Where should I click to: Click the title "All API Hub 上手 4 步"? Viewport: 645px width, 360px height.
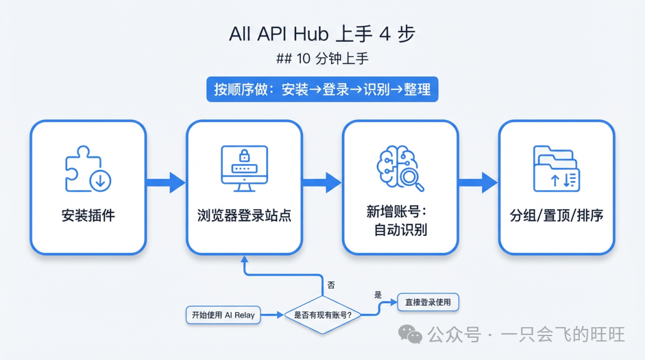point(322,34)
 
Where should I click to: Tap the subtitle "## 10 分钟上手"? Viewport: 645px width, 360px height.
point(322,60)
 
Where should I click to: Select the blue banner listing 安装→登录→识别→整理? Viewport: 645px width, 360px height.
point(322,90)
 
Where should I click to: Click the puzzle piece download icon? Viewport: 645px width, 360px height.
point(88,170)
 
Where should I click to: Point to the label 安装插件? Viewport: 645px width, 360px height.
point(88,216)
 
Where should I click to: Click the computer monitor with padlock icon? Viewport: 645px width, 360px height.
point(244,168)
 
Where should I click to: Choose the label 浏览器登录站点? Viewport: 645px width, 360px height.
point(244,216)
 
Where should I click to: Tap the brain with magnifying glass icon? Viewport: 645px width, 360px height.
point(400,169)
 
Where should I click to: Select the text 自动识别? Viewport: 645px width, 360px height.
point(400,230)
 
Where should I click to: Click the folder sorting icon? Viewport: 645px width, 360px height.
point(555,169)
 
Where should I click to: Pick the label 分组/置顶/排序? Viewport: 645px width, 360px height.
point(556,216)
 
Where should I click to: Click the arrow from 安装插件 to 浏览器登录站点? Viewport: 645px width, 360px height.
point(166,183)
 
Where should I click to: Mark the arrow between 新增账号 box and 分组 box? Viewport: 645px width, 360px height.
point(478,183)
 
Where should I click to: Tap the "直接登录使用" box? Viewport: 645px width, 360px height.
point(428,302)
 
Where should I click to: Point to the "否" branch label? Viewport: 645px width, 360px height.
point(331,285)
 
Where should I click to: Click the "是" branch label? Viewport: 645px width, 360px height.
point(377,294)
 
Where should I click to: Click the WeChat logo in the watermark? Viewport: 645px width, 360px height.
point(410,334)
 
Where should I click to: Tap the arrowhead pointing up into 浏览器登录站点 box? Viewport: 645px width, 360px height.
point(244,259)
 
